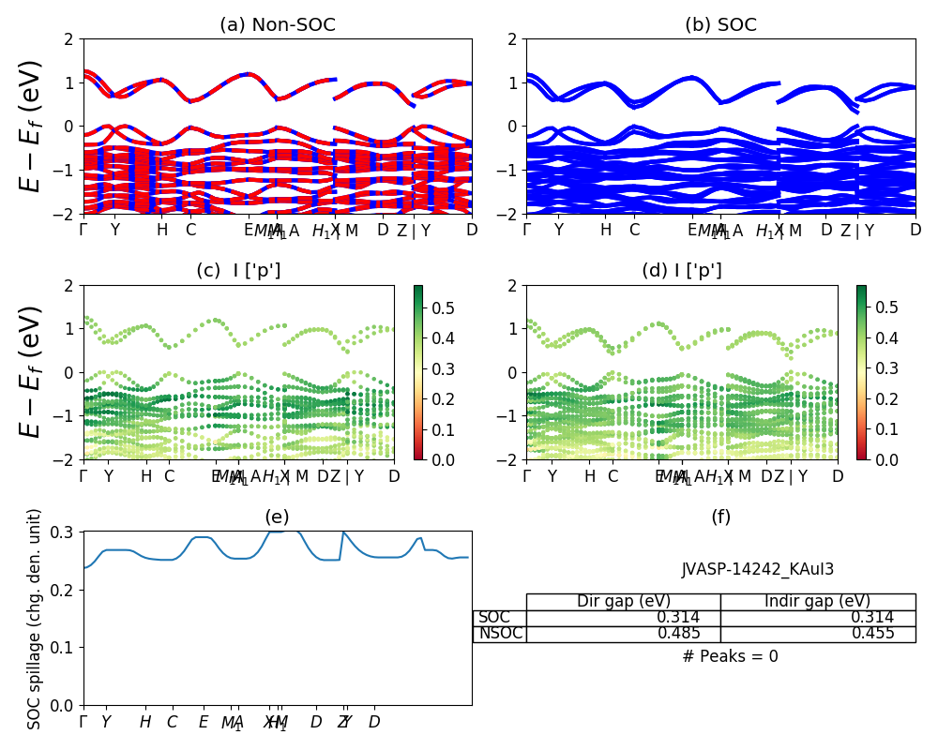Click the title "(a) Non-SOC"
[277, 25]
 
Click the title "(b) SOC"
[720, 25]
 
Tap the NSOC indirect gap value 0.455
[872, 634]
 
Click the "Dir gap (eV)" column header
[624, 602]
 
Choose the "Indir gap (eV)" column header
[818, 602]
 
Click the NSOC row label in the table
[500, 634]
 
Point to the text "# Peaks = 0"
[730, 656]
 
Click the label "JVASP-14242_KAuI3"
[757, 569]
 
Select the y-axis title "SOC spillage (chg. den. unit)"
[35, 619]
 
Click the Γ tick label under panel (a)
[84, 231]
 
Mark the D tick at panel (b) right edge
[915, 231]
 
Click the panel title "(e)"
[277, 517]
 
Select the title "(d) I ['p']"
[682, 272]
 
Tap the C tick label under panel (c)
[169, 477]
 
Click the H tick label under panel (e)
[145, 722]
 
